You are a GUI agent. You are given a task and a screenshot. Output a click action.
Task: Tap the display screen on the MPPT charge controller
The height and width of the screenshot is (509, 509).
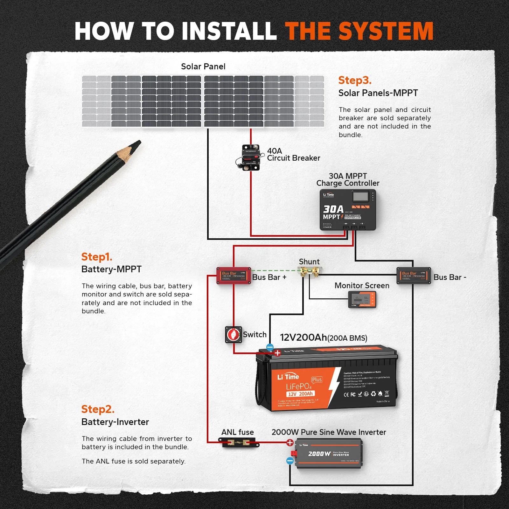360,196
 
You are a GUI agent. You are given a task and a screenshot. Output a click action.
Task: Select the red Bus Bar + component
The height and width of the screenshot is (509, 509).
234,275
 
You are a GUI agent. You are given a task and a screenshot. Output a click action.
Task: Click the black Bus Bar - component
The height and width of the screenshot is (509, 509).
414,275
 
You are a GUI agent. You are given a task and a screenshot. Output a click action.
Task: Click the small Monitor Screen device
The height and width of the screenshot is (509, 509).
362,299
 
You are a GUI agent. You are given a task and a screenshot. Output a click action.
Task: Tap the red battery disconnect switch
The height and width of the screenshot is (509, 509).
234,335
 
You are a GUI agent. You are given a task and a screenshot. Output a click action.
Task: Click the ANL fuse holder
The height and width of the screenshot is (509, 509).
239,442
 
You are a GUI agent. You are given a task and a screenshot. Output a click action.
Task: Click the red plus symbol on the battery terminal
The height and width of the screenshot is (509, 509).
277,353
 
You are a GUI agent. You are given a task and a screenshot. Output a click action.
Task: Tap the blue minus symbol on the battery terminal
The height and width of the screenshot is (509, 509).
270,347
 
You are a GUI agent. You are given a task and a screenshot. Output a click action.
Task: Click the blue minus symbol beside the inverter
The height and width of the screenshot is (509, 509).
290,460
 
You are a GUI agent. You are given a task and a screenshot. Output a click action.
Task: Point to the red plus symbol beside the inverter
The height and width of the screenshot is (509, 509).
290,443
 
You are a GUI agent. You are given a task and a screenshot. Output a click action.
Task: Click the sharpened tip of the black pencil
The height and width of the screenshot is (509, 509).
137,143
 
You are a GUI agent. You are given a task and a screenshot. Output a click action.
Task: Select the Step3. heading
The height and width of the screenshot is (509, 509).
355,80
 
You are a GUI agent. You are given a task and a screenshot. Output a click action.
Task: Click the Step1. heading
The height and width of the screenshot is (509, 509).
97,257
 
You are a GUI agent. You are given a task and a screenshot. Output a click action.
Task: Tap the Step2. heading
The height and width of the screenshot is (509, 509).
98,409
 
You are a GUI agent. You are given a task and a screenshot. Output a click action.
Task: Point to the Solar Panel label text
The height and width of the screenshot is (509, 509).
203,66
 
